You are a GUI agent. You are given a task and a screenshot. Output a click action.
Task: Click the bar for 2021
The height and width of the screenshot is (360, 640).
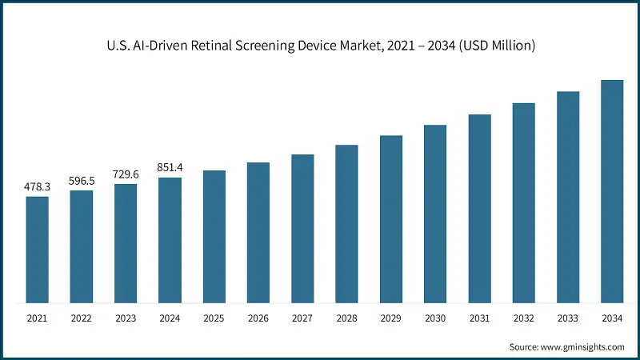(x=38, y=250)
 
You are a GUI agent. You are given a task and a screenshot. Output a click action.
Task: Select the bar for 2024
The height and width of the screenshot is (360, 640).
(x=170, y=240)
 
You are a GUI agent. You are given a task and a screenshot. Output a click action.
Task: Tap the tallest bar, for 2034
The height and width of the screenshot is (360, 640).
(x=612, y=192)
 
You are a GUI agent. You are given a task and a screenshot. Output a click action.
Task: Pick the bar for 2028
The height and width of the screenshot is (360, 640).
(x=346, y=224)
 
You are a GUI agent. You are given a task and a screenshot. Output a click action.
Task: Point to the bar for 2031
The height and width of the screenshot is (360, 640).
(x=479, y=209)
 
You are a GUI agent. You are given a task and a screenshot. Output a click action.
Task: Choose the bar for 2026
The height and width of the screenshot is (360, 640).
(x=258, y=233)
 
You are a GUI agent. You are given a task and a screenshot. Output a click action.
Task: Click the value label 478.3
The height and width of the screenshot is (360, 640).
(x=38, y=186)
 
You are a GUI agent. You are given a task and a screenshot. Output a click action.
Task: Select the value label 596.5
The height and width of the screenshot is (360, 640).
(x=82, y=181)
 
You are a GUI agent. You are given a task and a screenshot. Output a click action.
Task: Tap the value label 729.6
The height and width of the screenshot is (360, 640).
(x=126, y=174)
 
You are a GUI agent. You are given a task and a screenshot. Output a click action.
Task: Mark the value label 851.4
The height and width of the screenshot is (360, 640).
(x=170, y=167)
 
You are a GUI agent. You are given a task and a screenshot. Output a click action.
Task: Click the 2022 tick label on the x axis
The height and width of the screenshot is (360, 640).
(x=82, y=318)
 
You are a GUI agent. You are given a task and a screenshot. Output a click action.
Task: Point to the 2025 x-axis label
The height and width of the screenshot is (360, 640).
(x=214, y=318)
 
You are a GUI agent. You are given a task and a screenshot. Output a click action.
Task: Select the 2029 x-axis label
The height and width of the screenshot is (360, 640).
(x=391, y=318)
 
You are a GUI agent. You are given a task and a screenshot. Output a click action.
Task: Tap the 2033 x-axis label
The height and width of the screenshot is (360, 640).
(x=568, y=318)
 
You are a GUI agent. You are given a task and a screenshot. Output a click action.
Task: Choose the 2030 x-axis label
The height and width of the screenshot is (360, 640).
(x=435, y=318)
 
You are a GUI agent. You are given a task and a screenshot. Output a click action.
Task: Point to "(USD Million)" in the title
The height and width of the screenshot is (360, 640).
(x=494, y=46)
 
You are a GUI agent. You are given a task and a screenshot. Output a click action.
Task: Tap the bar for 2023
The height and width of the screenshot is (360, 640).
(x=126, y=243)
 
